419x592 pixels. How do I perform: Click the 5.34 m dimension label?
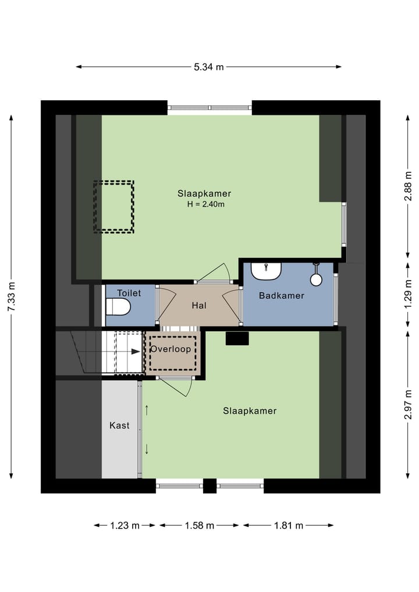209,67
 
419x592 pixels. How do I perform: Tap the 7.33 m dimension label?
11,296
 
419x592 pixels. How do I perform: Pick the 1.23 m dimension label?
125,526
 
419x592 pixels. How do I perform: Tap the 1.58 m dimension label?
200,526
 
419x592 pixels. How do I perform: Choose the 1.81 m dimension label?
289,526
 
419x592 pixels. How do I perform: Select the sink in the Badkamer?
266,270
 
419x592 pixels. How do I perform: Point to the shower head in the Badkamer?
316,279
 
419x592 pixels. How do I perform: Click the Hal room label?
199,305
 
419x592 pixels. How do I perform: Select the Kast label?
119,426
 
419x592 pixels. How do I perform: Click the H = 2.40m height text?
205,204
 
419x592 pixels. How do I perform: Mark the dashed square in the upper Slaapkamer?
114,207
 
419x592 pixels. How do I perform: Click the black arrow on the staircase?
136,352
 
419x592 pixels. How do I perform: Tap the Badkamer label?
282,296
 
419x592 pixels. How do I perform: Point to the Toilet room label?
129,293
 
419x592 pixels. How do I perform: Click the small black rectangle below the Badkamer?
237,338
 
